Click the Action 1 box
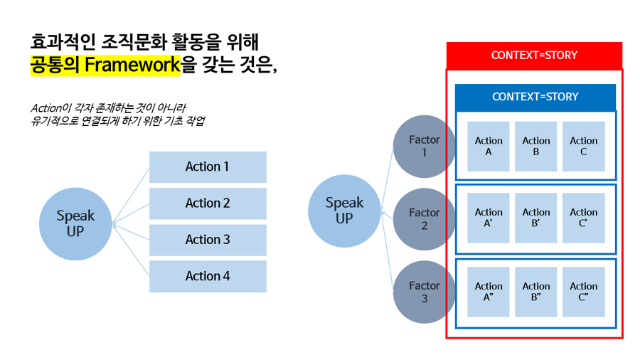(208, 167)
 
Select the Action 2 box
(208, 203)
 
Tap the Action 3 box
(208, 240)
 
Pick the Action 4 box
(208, 276)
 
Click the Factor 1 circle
(424, 147)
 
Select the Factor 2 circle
(424, 218)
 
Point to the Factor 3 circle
(424, 292)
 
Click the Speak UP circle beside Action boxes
(75, 223)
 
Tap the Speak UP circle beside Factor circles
(344, 211)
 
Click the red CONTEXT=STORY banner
(534, 55)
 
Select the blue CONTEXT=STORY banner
(535, 97)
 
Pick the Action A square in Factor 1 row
(489, 146)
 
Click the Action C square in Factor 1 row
(583, 146)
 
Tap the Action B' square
(536, 217)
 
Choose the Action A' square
(489, 217)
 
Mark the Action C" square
(583, 292)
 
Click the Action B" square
(536, 292)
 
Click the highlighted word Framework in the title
(132, 65)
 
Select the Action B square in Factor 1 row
(536, 146)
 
